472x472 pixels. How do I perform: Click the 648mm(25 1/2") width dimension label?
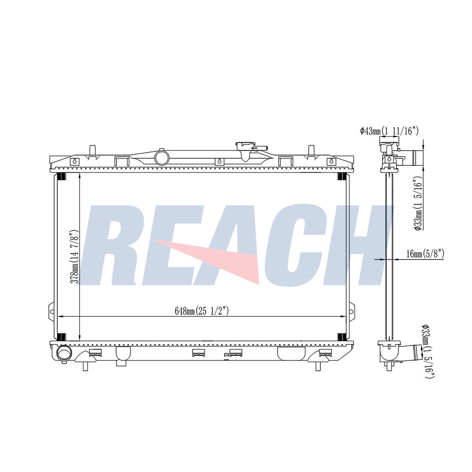coord(202,311)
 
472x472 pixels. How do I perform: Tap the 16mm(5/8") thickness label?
coord(425,254)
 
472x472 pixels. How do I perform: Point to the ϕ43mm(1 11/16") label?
coord(389,131)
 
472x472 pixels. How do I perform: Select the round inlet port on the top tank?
coord(161,158)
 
